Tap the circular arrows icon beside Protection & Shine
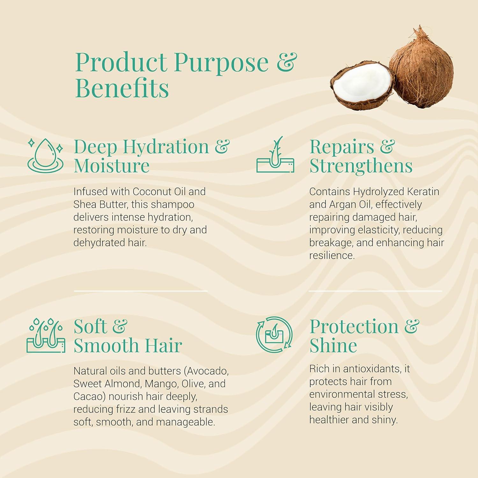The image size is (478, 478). tap(274, 335)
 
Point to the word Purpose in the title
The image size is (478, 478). tap(221, 63)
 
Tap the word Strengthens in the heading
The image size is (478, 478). tap(361, 166)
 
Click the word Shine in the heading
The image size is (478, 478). tap(333, 345)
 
